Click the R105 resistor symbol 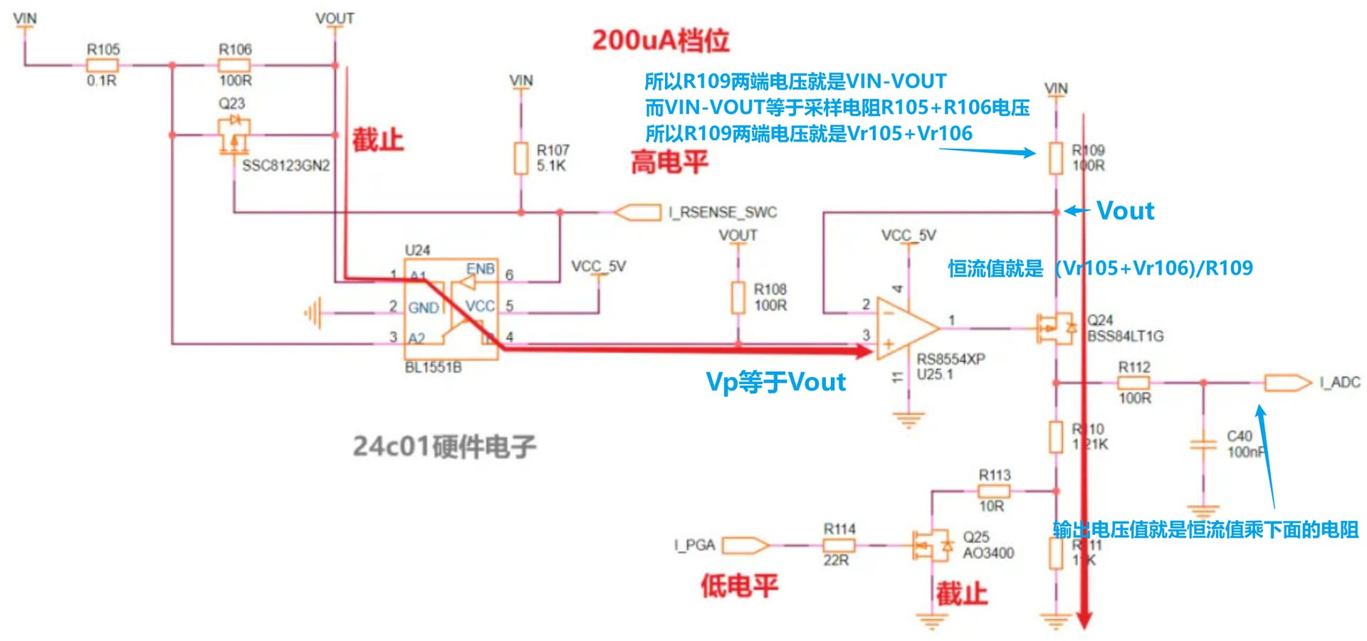tap(103, 65)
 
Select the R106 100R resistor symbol tap(234, 65)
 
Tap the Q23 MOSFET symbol tap(234, 135)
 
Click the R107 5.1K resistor tap(521, 158)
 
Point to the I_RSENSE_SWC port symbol tap(637, 212)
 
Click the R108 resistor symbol tap(738, 297)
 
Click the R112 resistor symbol tap(1133, 383)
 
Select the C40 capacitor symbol tap(1203, 445)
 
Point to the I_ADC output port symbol tap(1287, 383)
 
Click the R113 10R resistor tap(993, 491)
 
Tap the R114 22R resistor tap(839, 546)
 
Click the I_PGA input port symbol tap(745, 546)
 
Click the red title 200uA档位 tap(660, 40)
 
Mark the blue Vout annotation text tap(1125, 211)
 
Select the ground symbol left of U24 tap(313, 312)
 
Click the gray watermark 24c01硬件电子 tap(444, 447)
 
